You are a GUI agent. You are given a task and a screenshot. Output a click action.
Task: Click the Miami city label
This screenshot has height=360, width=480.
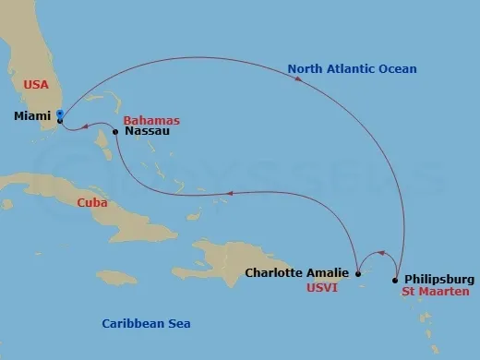click(x=34, y=118)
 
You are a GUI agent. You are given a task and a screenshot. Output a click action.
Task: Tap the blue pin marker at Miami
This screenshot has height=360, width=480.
click(x=59, y=115)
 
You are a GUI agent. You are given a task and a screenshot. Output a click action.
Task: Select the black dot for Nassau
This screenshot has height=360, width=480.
click(x=114, y=132)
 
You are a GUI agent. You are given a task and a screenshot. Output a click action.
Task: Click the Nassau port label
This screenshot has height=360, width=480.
click(x=145, y=132)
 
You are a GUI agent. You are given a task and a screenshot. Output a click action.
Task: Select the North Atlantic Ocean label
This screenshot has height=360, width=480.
click(x=352, y=68)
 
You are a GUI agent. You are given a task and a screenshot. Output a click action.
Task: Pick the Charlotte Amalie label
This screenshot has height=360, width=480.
click(x=296, y=272)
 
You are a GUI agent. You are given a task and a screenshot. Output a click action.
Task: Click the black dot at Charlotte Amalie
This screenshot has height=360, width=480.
click(x=357, y=272)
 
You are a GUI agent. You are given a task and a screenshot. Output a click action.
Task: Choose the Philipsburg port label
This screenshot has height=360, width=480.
click(x=439, y=279)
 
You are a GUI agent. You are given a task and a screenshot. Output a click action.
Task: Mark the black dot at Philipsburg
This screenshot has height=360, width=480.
click(x=395, y=280)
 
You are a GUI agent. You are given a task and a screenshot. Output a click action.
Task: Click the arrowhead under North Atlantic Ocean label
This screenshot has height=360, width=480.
click(x=298, y=79)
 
